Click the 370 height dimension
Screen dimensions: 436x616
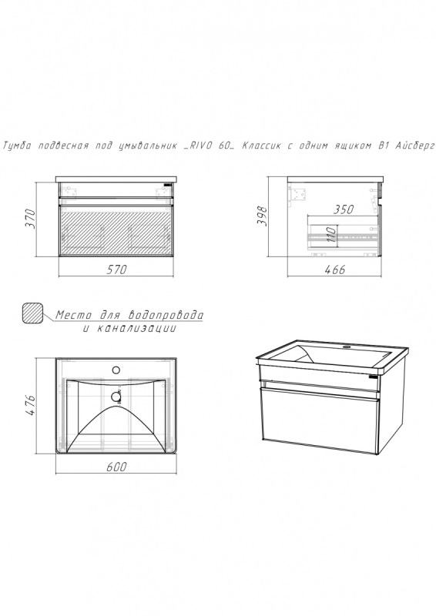(x=30, y=219)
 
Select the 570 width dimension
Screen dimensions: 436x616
(x=117, y=269)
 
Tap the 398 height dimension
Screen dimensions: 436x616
(x=262, y=216)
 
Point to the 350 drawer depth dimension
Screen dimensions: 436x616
(x=344, y=209)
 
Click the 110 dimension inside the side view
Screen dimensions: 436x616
(x=331, y=234)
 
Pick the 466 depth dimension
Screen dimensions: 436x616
(x=335, y=269)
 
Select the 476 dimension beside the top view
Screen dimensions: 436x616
(x=30, y=405)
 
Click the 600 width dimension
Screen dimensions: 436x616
(x=117, y=467)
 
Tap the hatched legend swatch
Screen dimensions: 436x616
(x=32, y=313)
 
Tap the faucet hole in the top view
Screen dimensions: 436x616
(x=116, y=370)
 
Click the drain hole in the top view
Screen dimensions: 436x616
(x=116, y=397)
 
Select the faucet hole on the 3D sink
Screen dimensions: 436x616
(x=347, y=347)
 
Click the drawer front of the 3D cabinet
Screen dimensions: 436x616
(x=319, y=419)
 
